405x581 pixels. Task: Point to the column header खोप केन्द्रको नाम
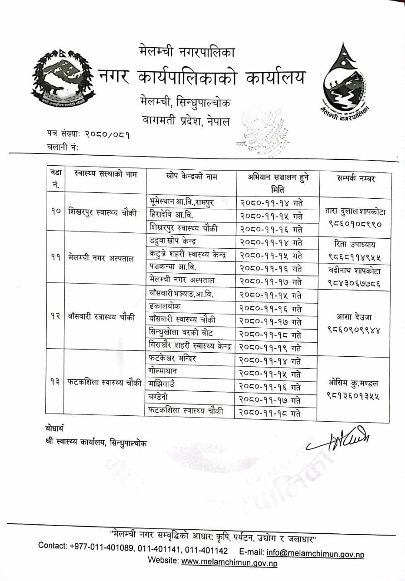click(x=191, y=176)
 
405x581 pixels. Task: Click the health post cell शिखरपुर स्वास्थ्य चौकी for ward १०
click(x=102, y=212)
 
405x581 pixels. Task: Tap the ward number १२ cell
click(x=55, y=317)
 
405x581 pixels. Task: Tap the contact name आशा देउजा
click(x=355, y=316)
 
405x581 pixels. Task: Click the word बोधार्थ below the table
click(x=54, y=428)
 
